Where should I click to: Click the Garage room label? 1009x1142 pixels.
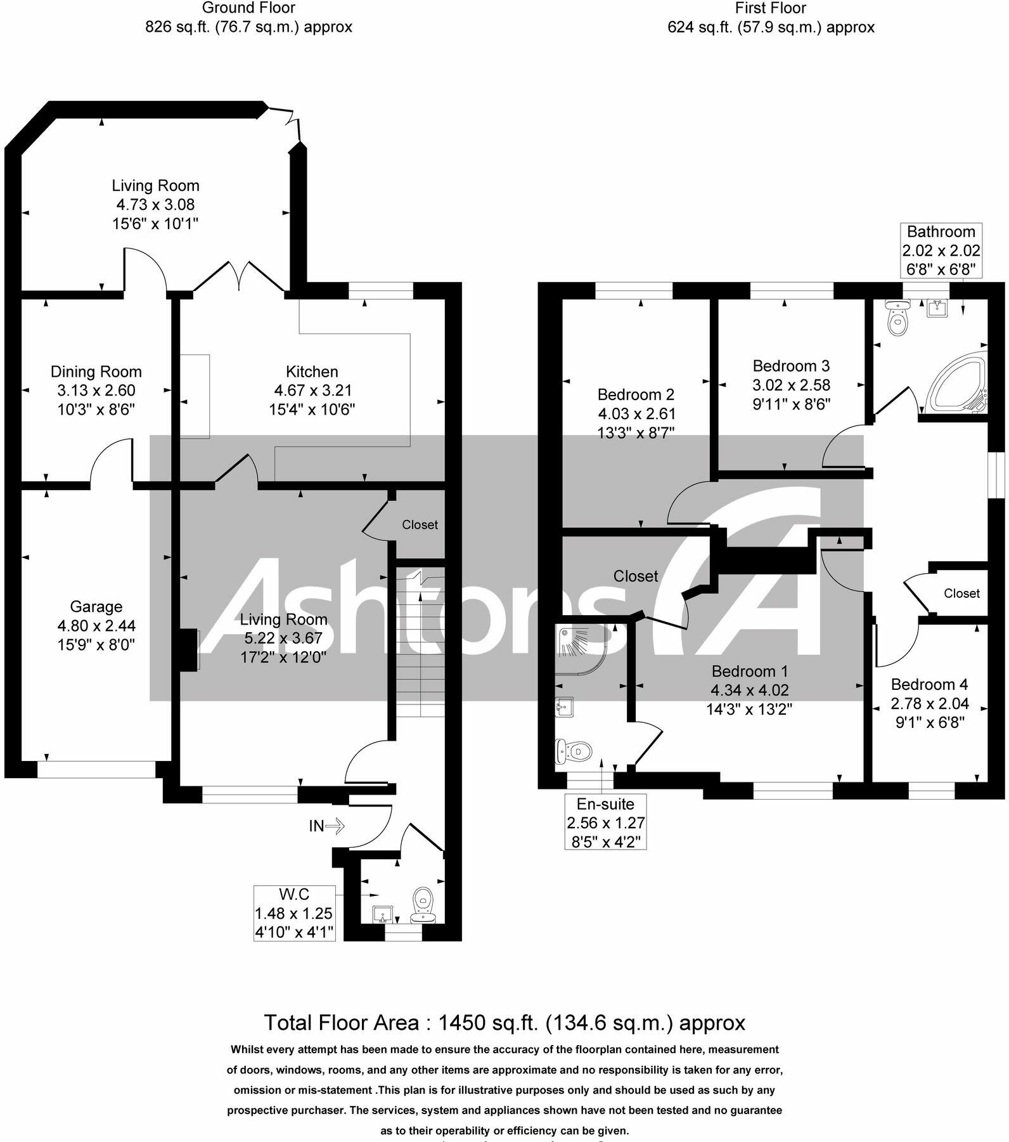click(x=96, y=607)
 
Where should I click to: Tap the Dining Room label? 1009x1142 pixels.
click(x=96, y=372)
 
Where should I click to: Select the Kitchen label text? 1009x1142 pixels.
click(x=312, y=372)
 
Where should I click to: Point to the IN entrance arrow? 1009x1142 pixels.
click(x=326, y=826)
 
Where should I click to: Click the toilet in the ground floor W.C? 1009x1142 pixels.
click(x=423, y=904)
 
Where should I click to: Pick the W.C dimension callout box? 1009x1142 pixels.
click(x=294, y=912)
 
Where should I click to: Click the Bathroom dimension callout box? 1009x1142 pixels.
click(x=941, y=250)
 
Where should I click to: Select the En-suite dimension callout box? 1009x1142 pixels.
click(x=605, y=822)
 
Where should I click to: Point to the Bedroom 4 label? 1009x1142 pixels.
click(x=929, y=684)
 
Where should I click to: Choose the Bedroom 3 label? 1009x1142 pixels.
click(x=791, y=366)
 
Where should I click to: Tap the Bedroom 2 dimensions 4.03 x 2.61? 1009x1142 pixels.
click(x=636, y=414)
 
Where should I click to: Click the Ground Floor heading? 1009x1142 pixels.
click(x=248, y=8)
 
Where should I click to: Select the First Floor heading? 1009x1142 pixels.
click(x=770, y=8)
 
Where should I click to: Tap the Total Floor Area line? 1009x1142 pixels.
click(x=504, y=1023)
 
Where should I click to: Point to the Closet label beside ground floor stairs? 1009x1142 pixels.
click(x=420, y=524)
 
